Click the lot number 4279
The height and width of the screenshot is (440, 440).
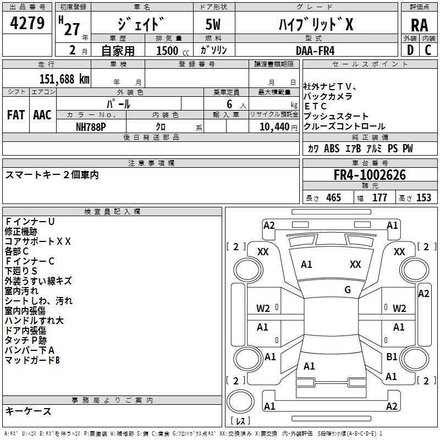click(27, 23)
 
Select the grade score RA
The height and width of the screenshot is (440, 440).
click(419, 25)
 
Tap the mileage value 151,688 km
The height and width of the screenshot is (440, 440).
click(64, 79)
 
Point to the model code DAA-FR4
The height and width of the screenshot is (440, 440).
click(315, 51)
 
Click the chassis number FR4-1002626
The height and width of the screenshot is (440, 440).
click(370, 175)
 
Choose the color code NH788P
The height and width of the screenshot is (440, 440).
click(91, 127)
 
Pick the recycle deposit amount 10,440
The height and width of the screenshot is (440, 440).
click(274, 127)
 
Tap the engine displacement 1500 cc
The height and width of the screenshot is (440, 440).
click(173, 51)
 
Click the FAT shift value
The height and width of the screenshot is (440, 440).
click(15, 115)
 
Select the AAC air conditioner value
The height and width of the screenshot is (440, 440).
click(42, 115)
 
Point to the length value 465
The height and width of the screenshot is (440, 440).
click(333, 197)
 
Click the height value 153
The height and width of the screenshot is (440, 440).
click(424, 197)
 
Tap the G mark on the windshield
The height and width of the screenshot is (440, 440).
click(348, 289)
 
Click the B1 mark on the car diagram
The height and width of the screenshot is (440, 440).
click(392, 356)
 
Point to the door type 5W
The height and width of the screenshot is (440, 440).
click(213, 24)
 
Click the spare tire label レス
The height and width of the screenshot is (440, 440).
click(240, 420)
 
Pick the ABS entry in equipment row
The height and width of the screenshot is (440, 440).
click(332, 148)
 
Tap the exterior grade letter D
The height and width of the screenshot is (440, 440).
click(410, 50)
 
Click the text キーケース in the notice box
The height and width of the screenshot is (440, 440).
click(28, 411)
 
